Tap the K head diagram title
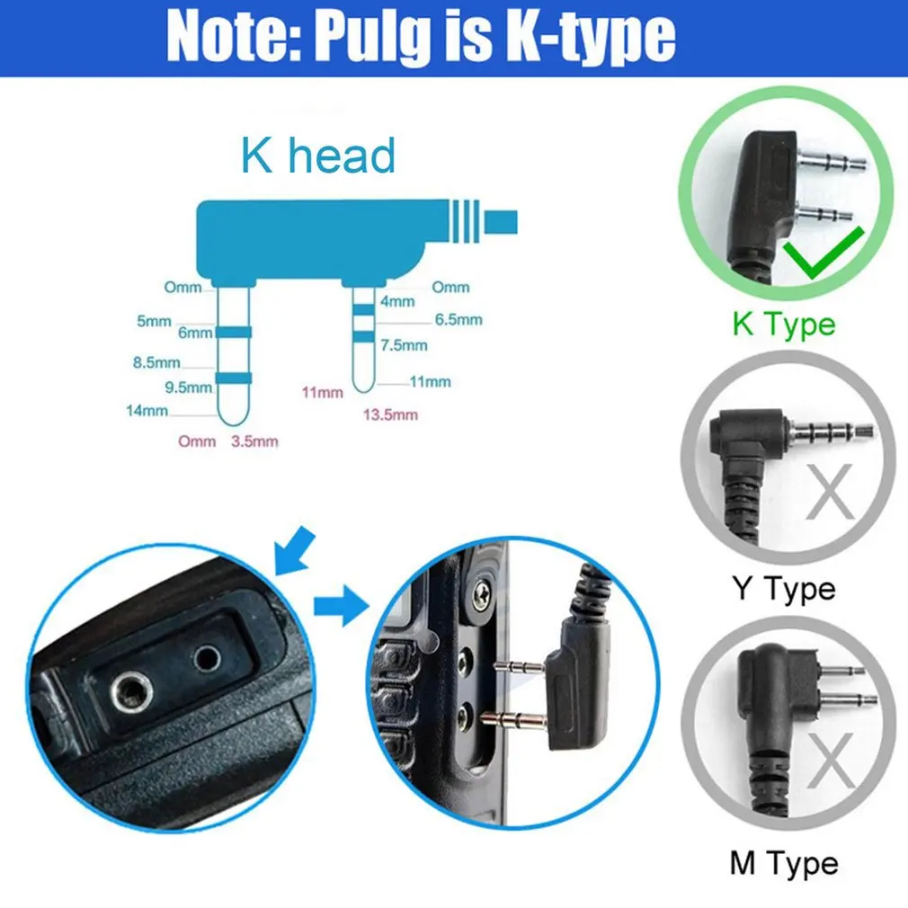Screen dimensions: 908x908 click(317, 156)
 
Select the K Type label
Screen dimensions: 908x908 click(783, 324)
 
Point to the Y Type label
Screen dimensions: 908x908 click(783, 589)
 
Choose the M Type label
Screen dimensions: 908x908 click(783, 864)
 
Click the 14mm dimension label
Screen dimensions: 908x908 click(147, 411)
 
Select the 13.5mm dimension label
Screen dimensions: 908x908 click(390, 414)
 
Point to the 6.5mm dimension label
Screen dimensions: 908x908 click(458, 319)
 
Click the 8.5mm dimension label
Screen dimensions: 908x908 click(156, 363)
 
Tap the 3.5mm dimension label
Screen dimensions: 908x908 click(254, 441)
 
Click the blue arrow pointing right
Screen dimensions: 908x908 click(341, 607)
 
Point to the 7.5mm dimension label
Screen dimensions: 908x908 click(404, 345)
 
